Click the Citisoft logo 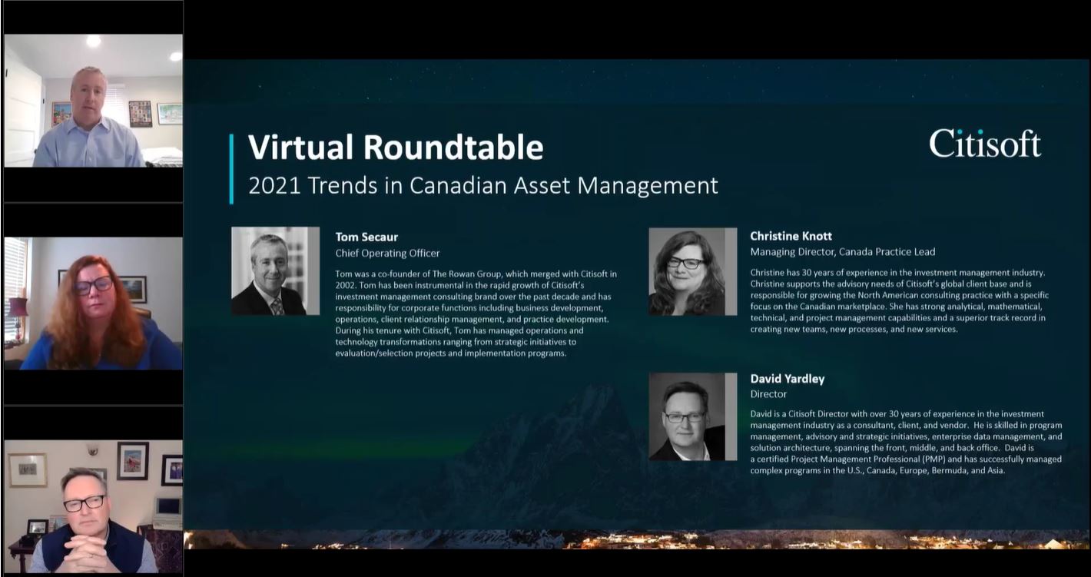tap(985, 144)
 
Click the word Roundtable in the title tap(453, 147)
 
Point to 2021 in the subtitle tap(275, 186)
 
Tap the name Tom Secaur tap(366, 237)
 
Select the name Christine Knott tap(791, 236)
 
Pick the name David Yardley tap(787, 379)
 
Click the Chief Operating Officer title tap(387, 254)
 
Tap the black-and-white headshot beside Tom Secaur tap(275, 270)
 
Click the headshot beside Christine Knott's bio tap(692, 272)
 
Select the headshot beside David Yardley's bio tap(692, 416)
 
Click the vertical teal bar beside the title tap(231, 169)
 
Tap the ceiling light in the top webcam tap(94, 41)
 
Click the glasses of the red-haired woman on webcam tap(93, 285)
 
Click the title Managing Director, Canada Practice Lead tap(843, 252)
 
